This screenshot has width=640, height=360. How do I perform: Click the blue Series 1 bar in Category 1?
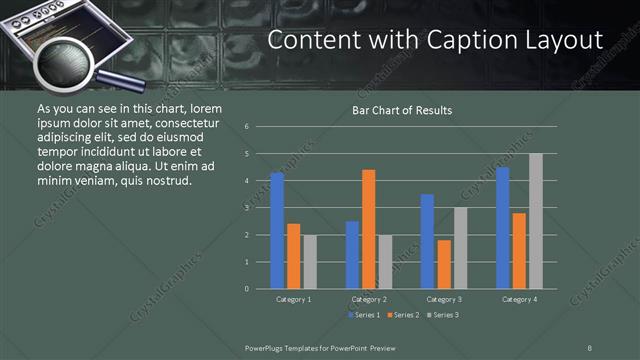tap(277, 230)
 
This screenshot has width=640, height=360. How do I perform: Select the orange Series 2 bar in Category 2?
tap(369, 229)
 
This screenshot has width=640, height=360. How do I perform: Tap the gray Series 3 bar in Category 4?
tap(535, 221)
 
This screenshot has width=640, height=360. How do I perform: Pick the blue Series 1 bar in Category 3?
tap(427, 241)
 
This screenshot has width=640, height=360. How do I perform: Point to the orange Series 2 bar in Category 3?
tap(444, 264)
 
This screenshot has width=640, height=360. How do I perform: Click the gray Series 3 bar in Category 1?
tap(310, 261)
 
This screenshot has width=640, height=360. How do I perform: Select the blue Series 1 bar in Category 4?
tap(502, 227)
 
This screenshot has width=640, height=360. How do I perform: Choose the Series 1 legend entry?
tap(363, 315)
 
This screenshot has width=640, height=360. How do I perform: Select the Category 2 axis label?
tap(369, 300)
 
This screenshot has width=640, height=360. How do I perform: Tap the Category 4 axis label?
tap(518, 300)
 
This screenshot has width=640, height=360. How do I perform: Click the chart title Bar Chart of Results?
tap(402, 110)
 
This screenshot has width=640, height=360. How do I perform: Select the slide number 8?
tap(590, 347)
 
